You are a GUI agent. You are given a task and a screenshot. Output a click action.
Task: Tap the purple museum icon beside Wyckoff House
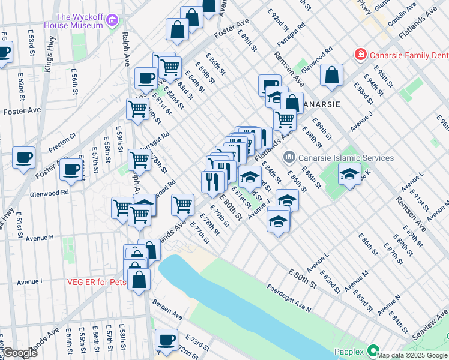tap(112, 22)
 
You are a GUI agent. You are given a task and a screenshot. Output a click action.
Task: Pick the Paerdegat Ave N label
tap(289, 298)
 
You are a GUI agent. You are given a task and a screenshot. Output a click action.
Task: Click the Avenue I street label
tap(29, 281)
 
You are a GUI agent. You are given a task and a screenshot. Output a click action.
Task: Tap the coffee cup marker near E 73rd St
tap(166, 340)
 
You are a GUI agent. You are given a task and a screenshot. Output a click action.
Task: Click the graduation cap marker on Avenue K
tap(349, 173)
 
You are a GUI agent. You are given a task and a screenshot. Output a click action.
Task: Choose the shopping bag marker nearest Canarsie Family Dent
tap(331, 75)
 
